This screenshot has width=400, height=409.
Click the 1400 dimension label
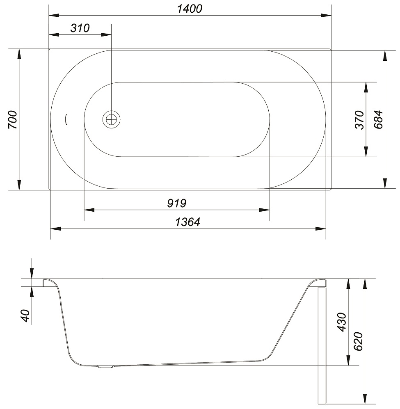coord(190,9)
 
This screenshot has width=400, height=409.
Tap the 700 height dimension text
coord(12,120)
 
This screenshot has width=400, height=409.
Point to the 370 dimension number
coord(359,120)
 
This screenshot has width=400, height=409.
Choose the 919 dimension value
coord(177,203)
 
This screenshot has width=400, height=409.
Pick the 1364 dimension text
coord(187,222)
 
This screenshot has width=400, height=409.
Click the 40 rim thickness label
coord(25,315)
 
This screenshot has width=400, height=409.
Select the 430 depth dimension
coord(342,322)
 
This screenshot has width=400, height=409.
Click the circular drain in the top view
coord(111,119)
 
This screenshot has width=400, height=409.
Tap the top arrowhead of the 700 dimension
coord(19,53)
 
